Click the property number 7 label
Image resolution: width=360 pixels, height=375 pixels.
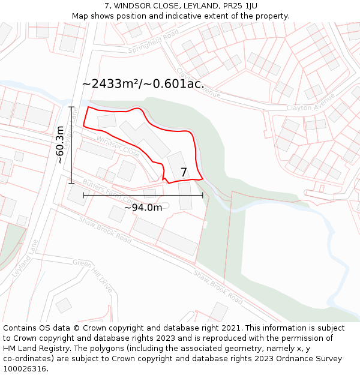(184, 173)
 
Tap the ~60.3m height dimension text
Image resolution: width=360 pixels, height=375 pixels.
(60, 145)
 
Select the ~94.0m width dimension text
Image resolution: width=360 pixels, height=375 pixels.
(143, 208)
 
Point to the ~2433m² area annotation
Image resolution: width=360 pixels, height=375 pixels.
(143, 84)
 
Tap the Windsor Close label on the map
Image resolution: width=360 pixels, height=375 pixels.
(118, 146)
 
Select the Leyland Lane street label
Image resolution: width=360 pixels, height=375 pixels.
(25, 258)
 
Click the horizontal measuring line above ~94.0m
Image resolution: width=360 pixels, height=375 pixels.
(143, 195)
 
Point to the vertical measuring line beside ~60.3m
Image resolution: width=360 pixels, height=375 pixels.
(71, 145)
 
